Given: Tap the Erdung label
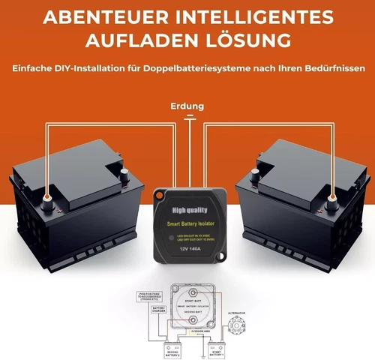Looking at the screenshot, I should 187,106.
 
